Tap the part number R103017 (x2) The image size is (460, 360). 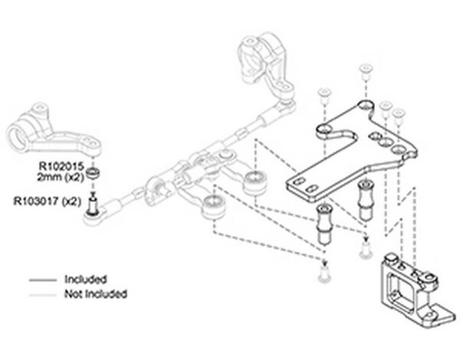[x=47, y=201]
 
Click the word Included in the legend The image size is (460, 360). [x=85, y=279]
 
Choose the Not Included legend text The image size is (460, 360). [x=96, y=293]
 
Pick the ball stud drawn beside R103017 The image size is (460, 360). [x=94, y=204]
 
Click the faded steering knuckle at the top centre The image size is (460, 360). [x=260, y=62]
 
